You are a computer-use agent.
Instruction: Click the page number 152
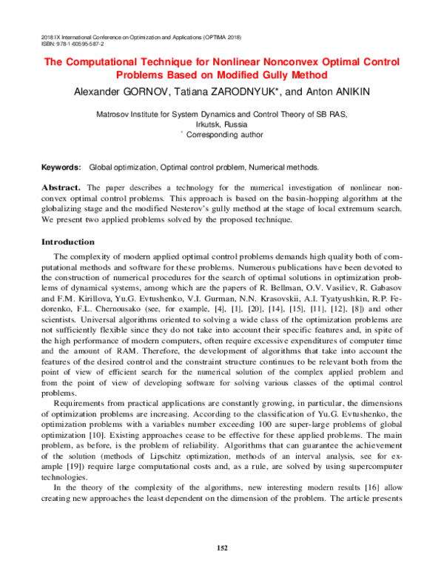point(222,548)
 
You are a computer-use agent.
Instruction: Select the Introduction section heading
point(68,242)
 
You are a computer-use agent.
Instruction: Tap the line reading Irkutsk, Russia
point(222,125)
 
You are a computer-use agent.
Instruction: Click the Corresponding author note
point(223,136)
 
